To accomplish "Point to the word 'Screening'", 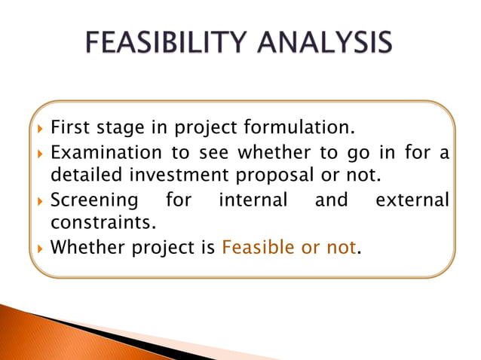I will pyautogui.click(x=94, y=200).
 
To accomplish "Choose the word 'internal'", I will pyautogui.click(x=253, y=200).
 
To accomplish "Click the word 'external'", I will pyautogui.click(x=411, y=200).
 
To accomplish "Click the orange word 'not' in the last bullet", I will pyautogui.click(x=339, y=247).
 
